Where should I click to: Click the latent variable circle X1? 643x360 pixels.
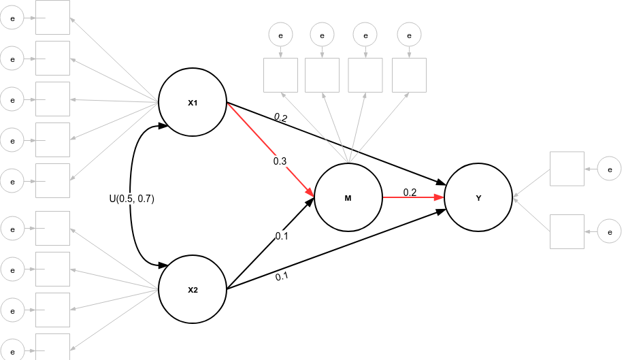pyautogui.click(x=193, y=103)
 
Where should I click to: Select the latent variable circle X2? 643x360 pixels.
pyautogui.click(x=193, y=289)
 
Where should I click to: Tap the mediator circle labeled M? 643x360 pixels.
pyautogui.click(x=348, y=198)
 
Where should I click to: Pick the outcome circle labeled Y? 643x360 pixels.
pyautogui.click(x=478, y=198)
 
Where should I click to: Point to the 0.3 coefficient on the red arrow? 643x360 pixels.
pyautogui.click(x=280, y=161)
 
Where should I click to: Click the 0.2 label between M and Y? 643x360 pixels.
pyautogui.click(x=410, y=192)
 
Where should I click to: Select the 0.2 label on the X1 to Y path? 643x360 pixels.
pyautogui.click(x=281, y=118)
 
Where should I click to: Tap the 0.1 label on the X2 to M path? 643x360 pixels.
pyautogui.click(x=282, y=236)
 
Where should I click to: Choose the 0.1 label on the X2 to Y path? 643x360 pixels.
pyautogui.click(x=282, y=276)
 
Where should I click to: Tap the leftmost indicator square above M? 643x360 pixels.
pyautogui.click(x=280, y=75)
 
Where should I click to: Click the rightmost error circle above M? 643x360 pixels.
pyautogui.click(x=409, y=33)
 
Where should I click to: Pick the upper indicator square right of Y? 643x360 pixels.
pyautogui.click(x=567, y=168)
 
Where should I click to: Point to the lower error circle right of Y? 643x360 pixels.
pyautogui.click(x=609, y=231)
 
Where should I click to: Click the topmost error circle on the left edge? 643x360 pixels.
pyautogui.click(x=12, y=18)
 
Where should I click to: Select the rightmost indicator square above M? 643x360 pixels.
pyautogui.click(x=409, y=75)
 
